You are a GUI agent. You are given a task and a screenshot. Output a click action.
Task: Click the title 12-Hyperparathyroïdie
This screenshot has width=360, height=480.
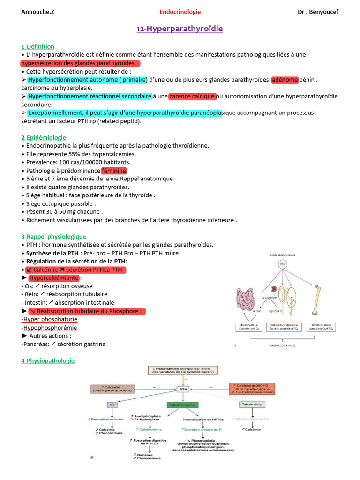pos(180,29)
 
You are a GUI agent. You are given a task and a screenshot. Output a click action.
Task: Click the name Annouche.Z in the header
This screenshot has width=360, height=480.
pos(37,12)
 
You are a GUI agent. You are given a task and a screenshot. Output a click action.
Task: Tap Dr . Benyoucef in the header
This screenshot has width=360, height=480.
pos(318,12)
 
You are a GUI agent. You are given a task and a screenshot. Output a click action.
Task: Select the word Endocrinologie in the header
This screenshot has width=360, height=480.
pos(180,12)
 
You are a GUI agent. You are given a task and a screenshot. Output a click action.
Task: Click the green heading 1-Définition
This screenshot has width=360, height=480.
pos(38,46)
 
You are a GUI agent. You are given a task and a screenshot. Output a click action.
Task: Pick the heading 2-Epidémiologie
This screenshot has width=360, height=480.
pos(44,137)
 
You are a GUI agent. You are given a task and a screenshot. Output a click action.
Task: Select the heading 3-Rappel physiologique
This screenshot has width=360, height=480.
pos(54,237)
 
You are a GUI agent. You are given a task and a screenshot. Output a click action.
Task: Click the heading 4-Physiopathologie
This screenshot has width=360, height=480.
pos(48,360)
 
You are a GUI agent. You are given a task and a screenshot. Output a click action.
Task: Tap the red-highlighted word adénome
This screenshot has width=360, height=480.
pos(285,80)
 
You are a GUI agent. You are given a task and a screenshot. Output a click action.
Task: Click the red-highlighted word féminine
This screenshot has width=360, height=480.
pos(114,171)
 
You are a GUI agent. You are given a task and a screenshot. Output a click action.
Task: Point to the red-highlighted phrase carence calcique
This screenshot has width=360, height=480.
pos(192,97)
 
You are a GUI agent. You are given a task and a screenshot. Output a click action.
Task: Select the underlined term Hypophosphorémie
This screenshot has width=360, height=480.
pos(49,328)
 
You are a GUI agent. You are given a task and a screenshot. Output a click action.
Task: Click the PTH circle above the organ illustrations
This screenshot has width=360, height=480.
pos(283,265)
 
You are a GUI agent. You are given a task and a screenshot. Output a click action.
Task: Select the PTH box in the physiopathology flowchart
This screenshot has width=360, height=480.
pos(183,389)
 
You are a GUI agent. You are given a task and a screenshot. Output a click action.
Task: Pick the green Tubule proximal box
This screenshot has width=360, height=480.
pos(182,405)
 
